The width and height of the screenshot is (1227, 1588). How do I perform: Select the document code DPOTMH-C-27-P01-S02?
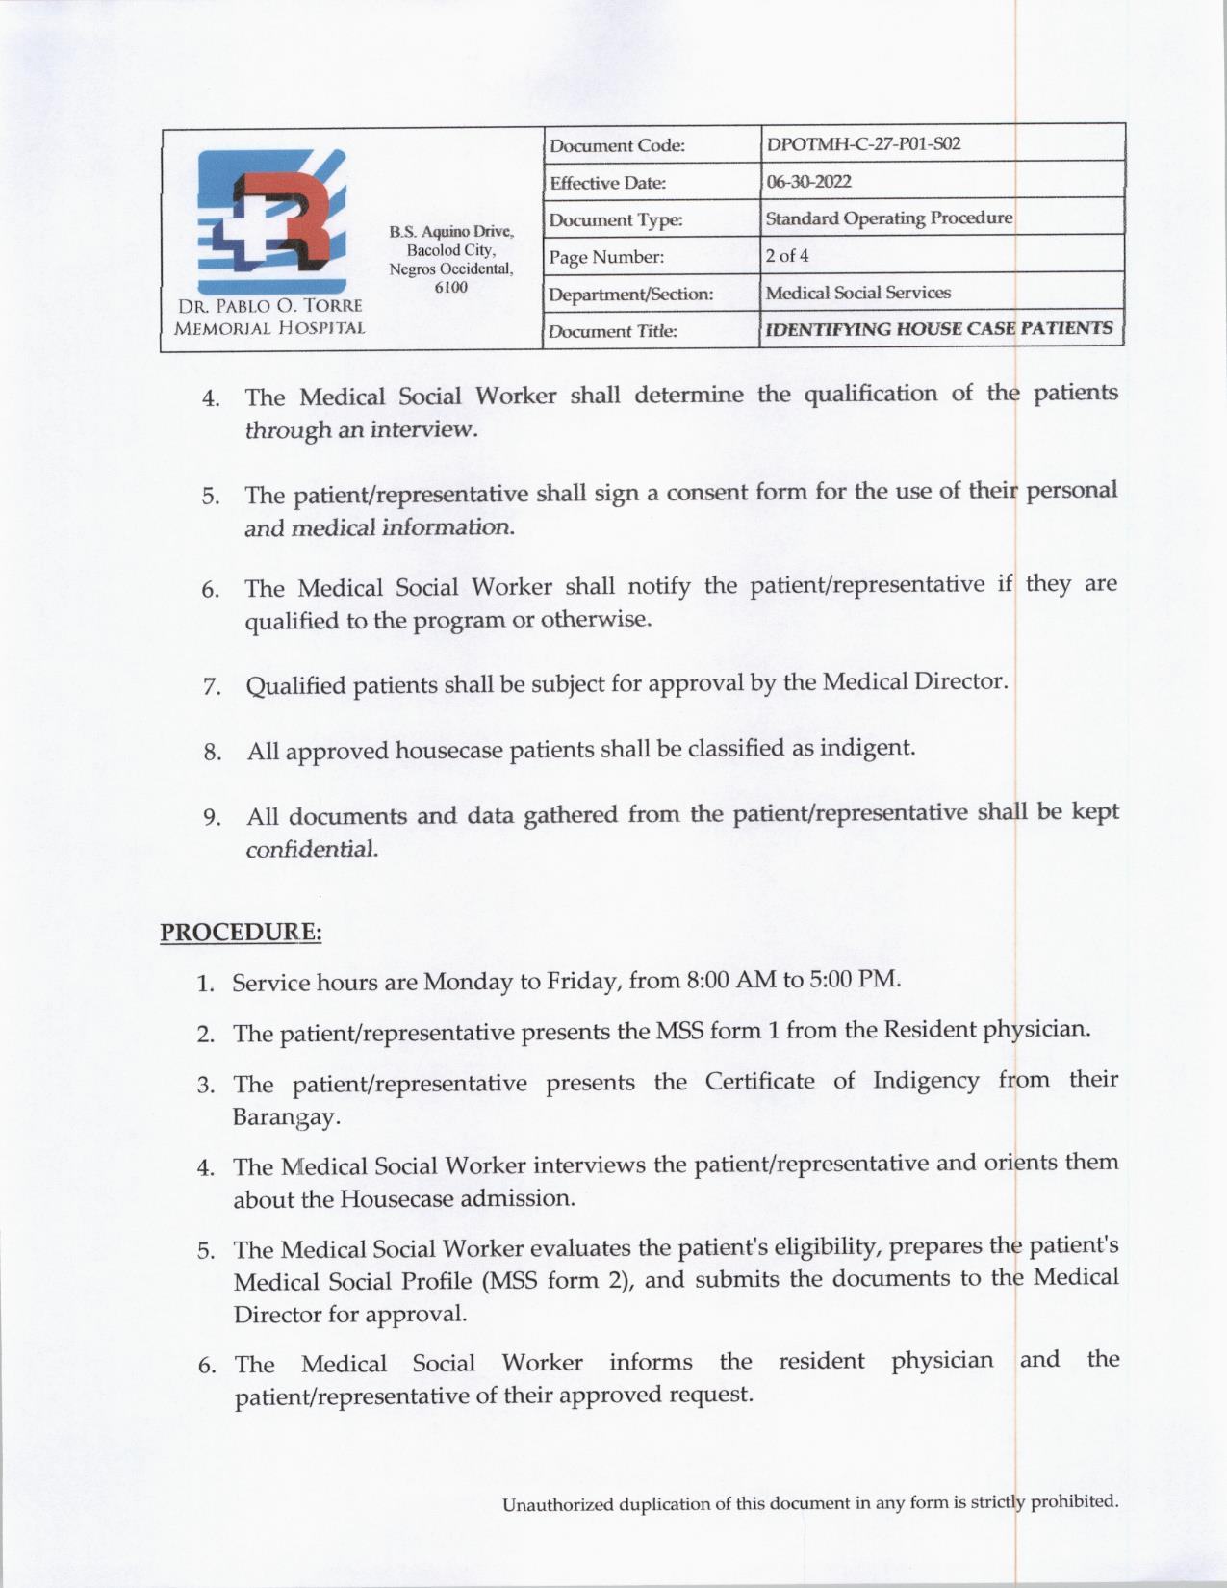point(863,144)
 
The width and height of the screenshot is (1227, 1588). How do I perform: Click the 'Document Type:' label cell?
point(616,220)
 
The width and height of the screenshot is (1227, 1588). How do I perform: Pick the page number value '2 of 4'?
point(787,256)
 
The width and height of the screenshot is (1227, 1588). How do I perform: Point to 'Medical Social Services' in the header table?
point(857,293)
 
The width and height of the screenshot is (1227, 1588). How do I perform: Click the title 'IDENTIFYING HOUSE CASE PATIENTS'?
point(938,329)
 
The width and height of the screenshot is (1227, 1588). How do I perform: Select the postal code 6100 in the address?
point(450,287)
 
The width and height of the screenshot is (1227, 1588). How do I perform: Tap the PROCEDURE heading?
point(241,933)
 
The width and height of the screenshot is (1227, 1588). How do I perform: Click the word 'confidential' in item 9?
point(311,849)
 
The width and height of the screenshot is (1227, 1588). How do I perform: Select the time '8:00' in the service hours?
point(707,980)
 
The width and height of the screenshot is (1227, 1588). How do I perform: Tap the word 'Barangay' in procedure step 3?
point(286,1117)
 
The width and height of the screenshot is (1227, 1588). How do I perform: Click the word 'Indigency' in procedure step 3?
point(926,1081)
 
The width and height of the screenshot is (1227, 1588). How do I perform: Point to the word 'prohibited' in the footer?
point(1072,1500)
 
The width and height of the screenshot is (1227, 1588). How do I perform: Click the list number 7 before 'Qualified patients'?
point(212,687)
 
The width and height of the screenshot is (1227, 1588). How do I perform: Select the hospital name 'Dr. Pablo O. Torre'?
point(269,306)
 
